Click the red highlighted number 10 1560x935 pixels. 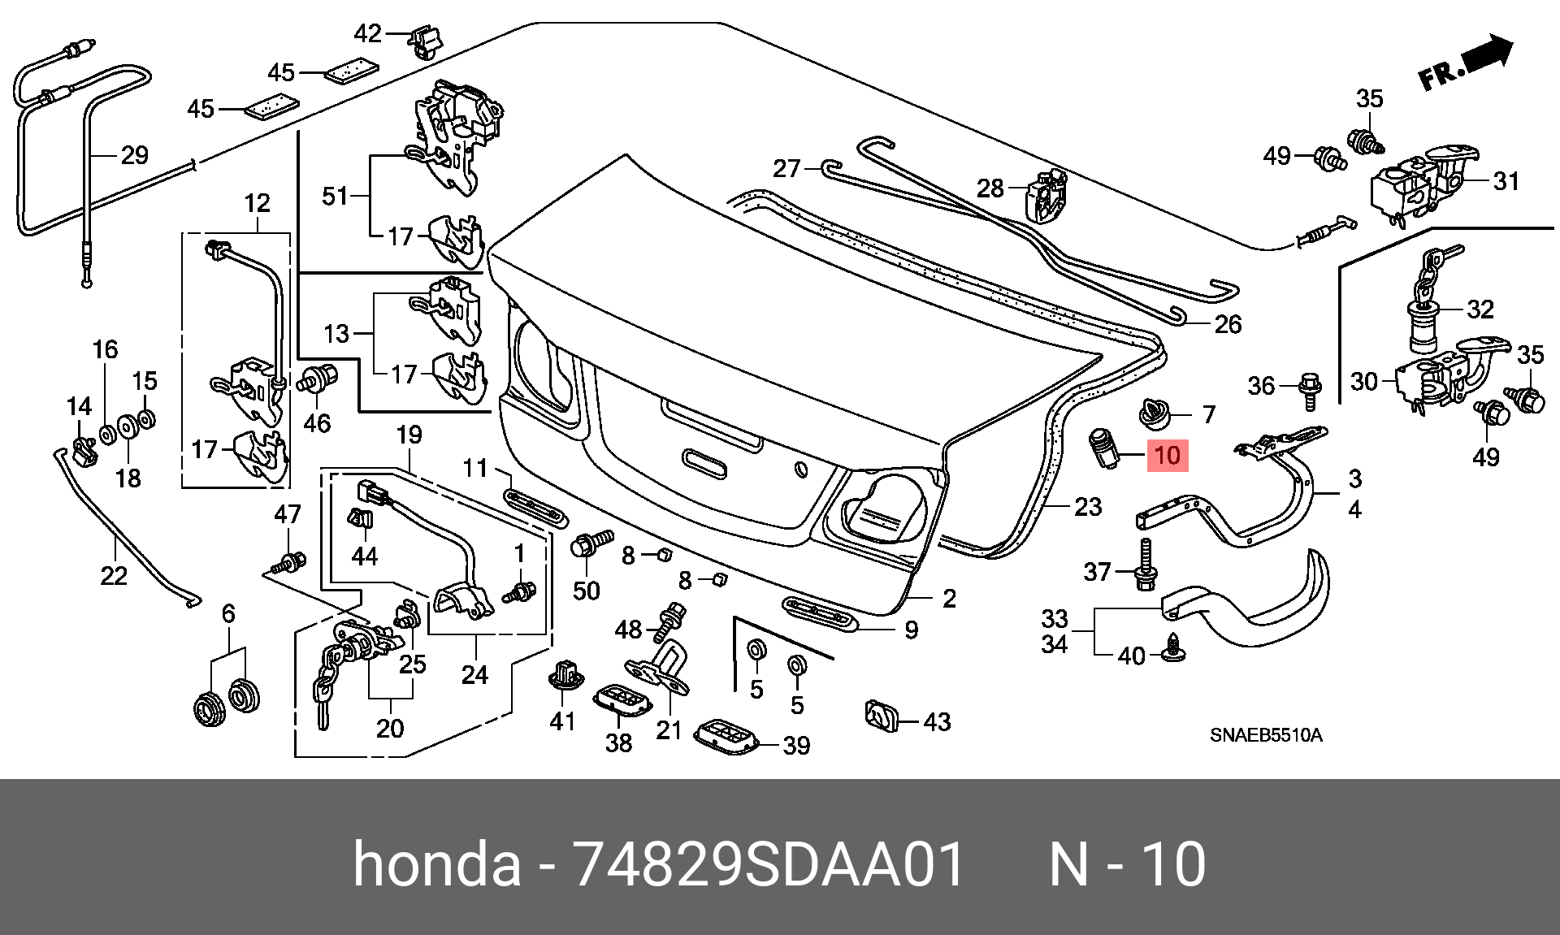pyautogui.click(x=1168, y=455)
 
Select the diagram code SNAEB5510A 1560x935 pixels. pyautogui.click(x=1266, y=735)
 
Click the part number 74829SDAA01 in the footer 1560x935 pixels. pyautogui.click(x=769, y=864)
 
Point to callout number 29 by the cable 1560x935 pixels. pyautogui.click(x=135, y=155)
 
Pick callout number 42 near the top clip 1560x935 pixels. pyautogui.click(x=368, y=33)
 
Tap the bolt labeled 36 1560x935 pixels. pyautogui.click(x=1310, y=391)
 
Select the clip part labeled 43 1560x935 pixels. pyautogui.click(x=882, y=716)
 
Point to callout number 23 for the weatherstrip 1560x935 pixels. pyautogui.click(x=1088, y=507)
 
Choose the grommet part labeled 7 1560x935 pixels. pyautogui.click(x=1154, y=413)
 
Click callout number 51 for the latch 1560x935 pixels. pyautogui.click(x=336, y=196)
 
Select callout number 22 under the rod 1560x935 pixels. pyautogui.click(x=114, y=576)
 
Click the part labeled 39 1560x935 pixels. pyautogui.click(x=727, y=736)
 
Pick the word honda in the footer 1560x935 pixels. pyautogui.click(x=437, y=864)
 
